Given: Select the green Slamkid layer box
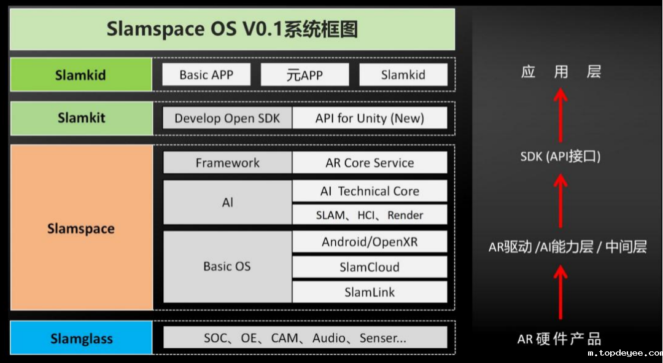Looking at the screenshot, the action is [x=81, y=74].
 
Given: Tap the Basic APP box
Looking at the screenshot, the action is [x=206, y=74].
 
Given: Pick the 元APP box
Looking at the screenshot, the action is [x=305, y=74].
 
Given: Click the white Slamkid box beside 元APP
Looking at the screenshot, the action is [x=403, y=74].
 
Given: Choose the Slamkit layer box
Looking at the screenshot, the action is [x=81, y=118].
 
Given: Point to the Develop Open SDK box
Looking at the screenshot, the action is [x=228, y=118].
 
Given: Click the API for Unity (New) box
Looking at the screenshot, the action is [x=370, y=118].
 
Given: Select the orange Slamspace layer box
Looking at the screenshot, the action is [x=81, y=228].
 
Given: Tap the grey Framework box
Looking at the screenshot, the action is [x=228, y=163].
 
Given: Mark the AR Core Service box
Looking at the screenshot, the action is [x=370, y=163].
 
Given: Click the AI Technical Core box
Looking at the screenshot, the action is [x=370, y=191].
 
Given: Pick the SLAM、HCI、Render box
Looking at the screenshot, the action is [x=370, y=215].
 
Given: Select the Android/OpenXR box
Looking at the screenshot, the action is [x=370, y=241].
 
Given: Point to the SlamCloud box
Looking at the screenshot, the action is [x=370, y=267].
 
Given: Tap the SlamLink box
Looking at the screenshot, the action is [x=370, y=292].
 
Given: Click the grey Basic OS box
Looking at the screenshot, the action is [x=228, y=267].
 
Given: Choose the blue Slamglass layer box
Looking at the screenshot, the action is [x=81, y=338].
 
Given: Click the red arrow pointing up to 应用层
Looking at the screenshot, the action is [x=560, y=115].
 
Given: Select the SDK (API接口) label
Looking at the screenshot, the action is [x=560, y=157].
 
